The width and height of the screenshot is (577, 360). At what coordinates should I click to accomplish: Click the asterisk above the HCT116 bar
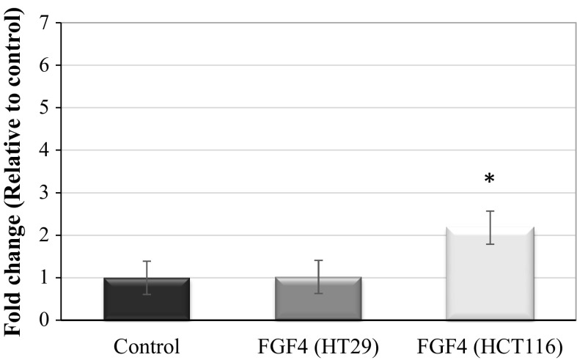(490, 180)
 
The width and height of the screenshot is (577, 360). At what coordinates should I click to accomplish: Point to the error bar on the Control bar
(147, 277)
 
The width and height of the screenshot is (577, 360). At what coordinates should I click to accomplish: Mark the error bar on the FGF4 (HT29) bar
(318, 276)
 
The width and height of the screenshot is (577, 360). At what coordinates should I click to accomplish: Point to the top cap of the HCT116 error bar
(490, 211)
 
